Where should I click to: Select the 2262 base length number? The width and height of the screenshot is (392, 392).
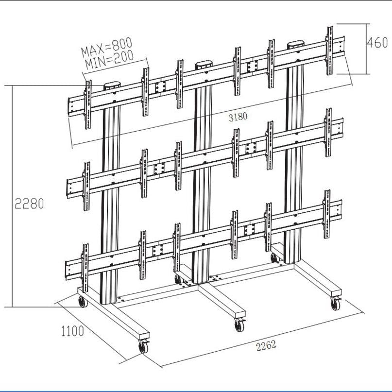[x=266, y=345]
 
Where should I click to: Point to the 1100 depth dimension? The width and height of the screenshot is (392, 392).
[x=72, y=331]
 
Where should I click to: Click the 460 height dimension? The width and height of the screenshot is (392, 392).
[x=377, y=42]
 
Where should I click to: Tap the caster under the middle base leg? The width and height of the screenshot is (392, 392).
[x=239, y=325]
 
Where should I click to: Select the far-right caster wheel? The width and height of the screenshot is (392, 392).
[x=335, y=305]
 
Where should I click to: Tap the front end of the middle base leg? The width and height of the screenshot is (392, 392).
[x=239, y=312]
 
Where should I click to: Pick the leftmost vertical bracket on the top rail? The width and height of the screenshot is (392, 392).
[x=88, y=104]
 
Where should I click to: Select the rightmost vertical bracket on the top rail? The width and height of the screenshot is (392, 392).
[x=330, y=51]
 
